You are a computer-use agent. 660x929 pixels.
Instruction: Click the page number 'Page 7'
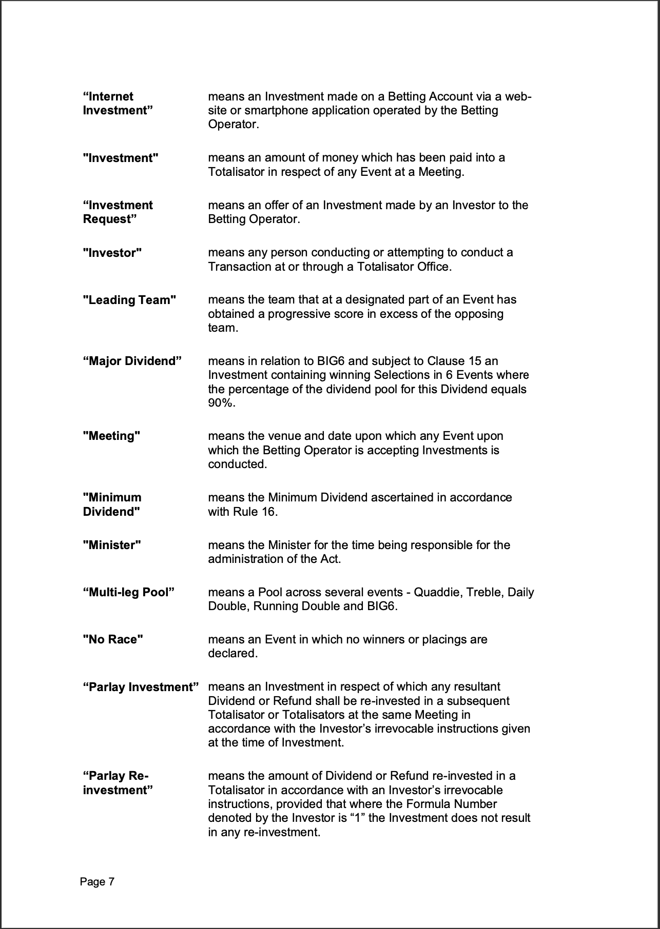point(97,881)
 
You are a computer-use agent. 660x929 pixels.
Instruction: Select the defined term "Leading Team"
point(129,300)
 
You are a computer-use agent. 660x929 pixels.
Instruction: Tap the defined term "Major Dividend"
point(132,361)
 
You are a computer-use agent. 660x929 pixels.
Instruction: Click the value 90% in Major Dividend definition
point(221,403)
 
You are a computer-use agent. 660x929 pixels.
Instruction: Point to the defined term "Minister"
point(112,545)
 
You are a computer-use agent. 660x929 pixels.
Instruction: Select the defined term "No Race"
point(113,640)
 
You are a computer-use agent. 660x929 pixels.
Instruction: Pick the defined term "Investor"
point(112,253)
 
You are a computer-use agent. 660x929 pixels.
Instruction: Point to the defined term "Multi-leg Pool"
point(129,593)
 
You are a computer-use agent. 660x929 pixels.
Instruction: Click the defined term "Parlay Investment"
point(141,687)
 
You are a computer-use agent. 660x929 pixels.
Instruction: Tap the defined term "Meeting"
point(112,436)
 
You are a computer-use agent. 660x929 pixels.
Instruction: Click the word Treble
point(487,592)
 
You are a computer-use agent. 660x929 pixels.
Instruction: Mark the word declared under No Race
point(232,654)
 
